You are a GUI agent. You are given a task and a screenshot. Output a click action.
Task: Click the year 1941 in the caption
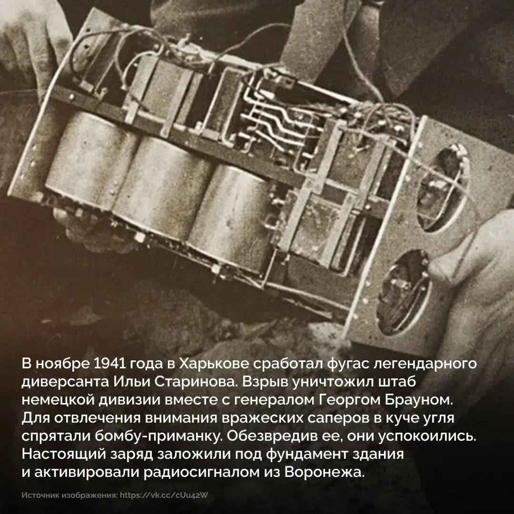click(110, 365)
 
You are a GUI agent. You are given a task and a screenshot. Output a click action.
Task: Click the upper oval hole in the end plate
click(442, 188)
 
